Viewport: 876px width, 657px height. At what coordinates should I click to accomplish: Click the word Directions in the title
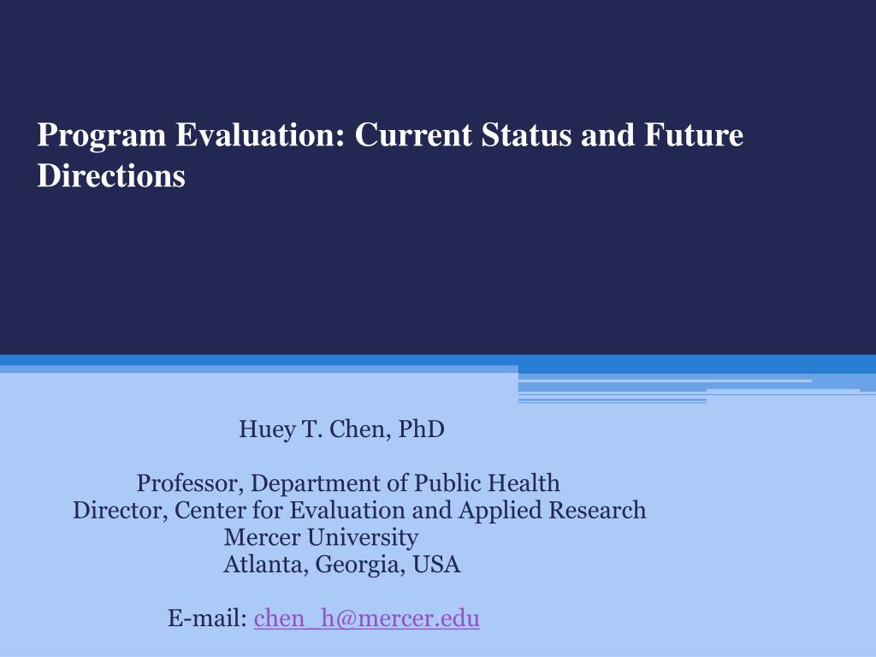point(111,175)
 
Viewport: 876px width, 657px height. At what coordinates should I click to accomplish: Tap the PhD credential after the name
point(422,429)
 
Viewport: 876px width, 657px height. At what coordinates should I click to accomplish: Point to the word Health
point(524,483)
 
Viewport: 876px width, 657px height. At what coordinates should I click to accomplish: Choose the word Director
point(121,511)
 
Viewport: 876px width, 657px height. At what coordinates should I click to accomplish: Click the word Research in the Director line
point(597,511)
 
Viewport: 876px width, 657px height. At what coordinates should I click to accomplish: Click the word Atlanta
point(266,565)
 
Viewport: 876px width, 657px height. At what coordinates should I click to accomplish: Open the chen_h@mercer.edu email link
point(367,619)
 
